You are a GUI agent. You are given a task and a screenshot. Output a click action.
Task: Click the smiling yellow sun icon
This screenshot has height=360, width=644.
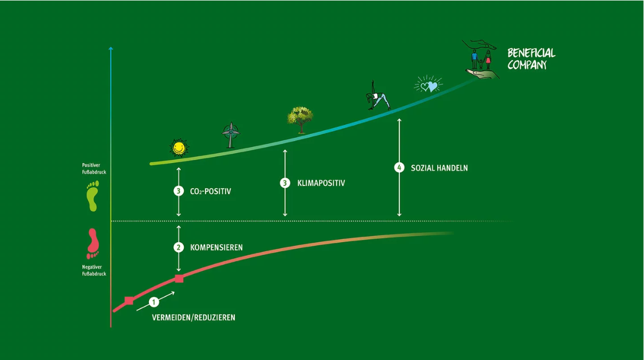179,148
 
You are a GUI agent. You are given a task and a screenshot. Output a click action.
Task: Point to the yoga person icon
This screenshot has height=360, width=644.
377,96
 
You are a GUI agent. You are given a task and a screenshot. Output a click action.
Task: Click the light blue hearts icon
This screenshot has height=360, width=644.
428,85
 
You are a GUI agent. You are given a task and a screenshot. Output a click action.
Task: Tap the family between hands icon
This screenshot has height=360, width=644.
481,59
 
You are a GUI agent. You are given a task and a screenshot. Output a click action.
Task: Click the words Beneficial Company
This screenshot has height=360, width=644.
531,59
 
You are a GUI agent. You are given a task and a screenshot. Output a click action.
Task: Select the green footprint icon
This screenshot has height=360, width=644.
93,196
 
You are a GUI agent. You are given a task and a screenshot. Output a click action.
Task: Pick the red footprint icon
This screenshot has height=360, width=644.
93,243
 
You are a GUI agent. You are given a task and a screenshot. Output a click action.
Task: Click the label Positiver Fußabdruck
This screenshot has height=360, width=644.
94,168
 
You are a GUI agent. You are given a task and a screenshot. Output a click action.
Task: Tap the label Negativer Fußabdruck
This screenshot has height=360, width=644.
94,270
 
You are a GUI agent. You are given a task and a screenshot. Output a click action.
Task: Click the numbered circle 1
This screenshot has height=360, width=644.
154,302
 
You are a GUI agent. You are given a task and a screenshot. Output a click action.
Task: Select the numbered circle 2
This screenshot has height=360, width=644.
179,247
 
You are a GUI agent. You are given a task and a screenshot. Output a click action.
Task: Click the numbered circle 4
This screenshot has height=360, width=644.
399,168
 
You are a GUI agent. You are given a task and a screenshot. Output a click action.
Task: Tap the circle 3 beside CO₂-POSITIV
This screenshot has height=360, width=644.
179,191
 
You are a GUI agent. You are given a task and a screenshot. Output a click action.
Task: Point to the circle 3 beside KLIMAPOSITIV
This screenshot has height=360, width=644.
285,183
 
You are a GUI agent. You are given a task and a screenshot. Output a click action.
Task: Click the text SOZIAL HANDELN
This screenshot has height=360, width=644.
439,168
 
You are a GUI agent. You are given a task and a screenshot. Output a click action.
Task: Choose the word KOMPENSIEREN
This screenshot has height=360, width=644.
217,247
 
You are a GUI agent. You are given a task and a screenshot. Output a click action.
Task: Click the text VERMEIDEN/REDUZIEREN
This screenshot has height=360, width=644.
193,317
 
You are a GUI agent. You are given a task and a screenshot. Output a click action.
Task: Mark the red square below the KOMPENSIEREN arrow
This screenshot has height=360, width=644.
179,279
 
